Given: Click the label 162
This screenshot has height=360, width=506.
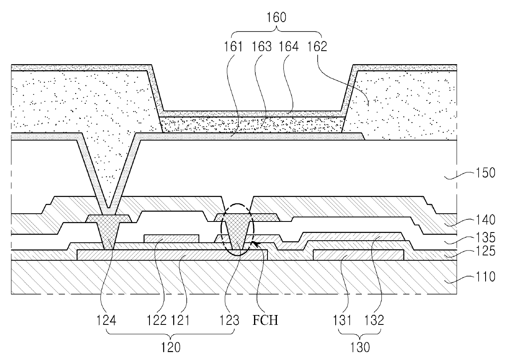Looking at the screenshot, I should click(318, 47).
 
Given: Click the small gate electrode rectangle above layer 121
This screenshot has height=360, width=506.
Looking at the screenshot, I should click(172, 238).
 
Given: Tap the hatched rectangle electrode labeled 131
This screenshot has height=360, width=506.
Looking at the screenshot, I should click(359, 255).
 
